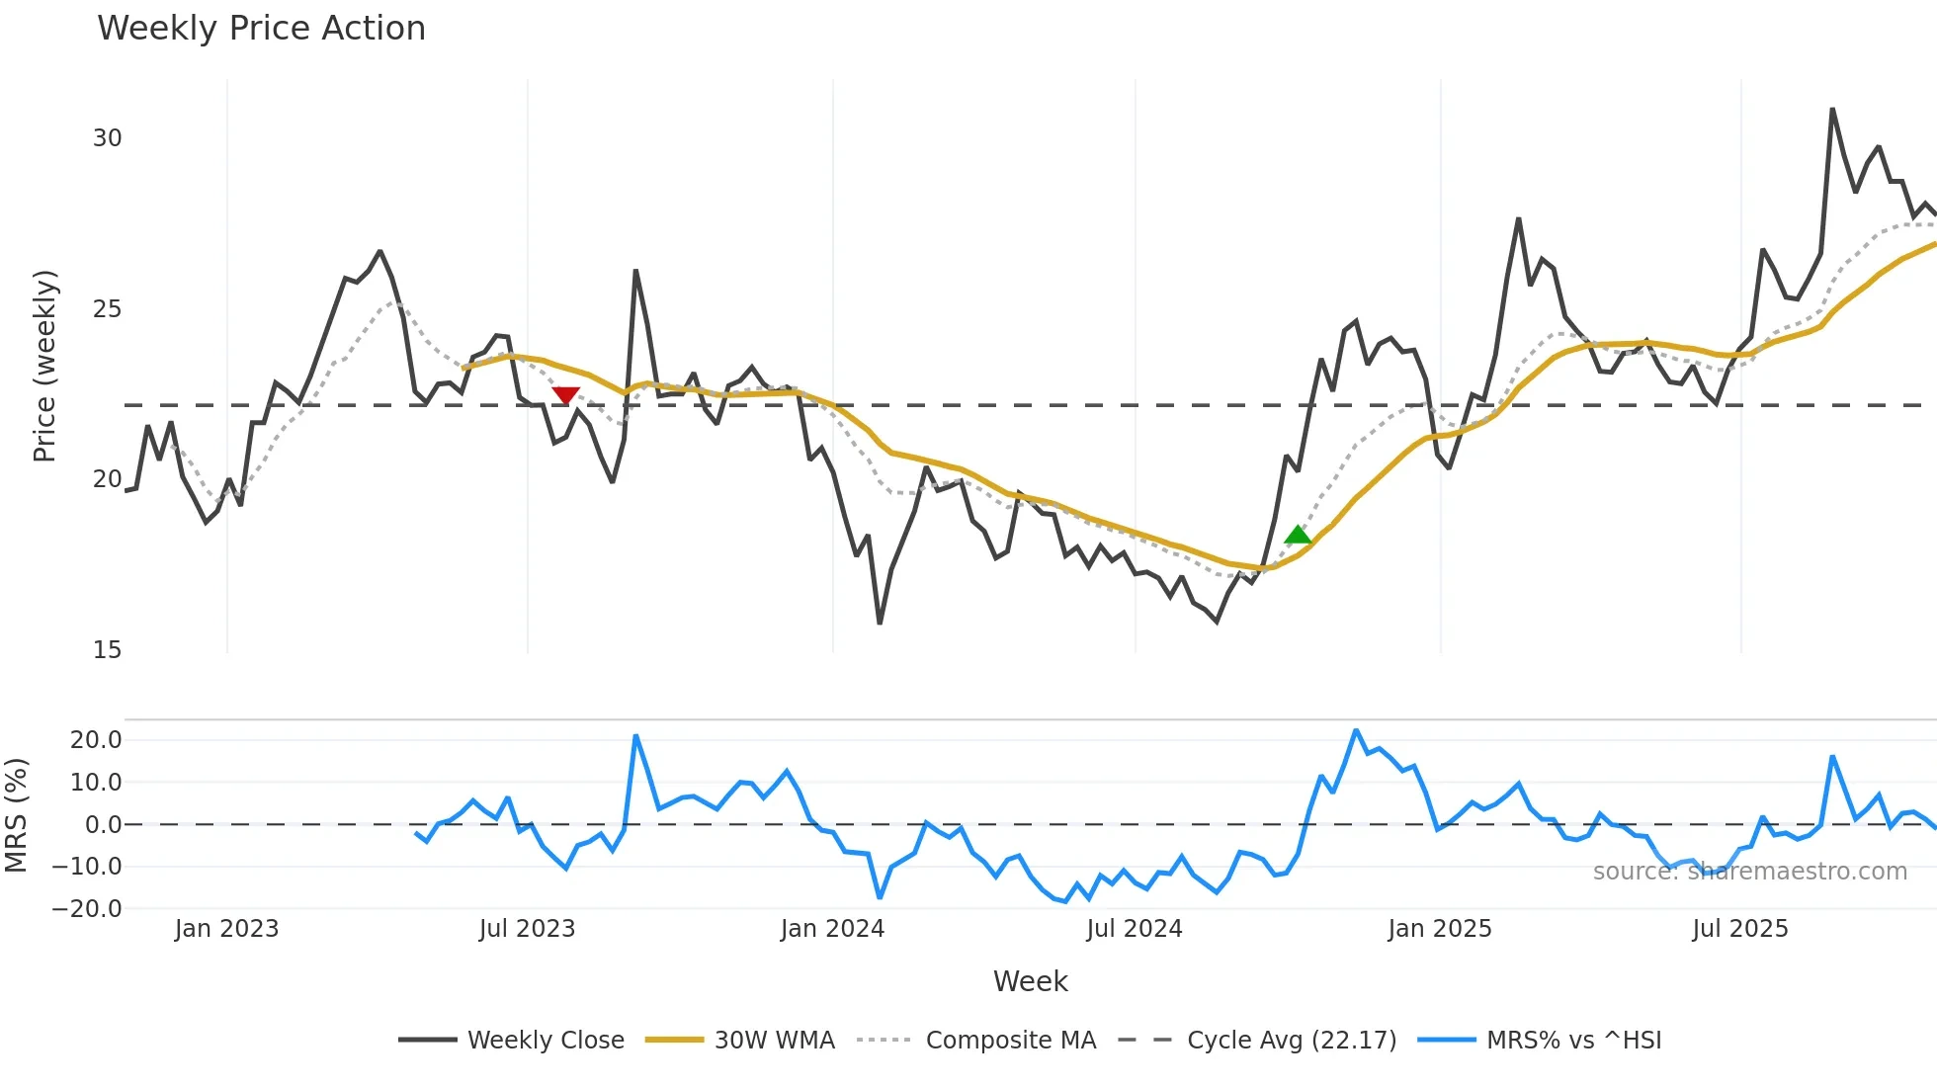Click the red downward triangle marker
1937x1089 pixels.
(x=565, y=395)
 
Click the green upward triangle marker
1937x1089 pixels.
(x=1298, y=536)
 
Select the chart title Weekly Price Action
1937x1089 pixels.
(x=261, y=29)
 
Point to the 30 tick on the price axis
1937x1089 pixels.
(x=108, y=138)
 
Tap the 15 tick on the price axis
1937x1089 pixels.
(x=108, y=650)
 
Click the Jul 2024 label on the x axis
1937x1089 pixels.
(x=1134, y=929)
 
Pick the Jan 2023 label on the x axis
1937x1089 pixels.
(x=226, y=929)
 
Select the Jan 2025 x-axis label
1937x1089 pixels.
(x=1439, y=929)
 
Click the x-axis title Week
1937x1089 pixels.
(x=1030, y=981)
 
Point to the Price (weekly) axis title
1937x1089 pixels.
(x=44, y=366)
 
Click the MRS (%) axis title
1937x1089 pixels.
(x=16, y=815)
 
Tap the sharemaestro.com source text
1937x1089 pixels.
(x=1749, y=872)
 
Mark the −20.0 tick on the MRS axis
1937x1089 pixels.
(x=87, y=909)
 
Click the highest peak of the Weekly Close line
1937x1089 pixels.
(x=1832, y=109)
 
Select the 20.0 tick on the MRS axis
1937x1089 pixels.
(x=96, y=740)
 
